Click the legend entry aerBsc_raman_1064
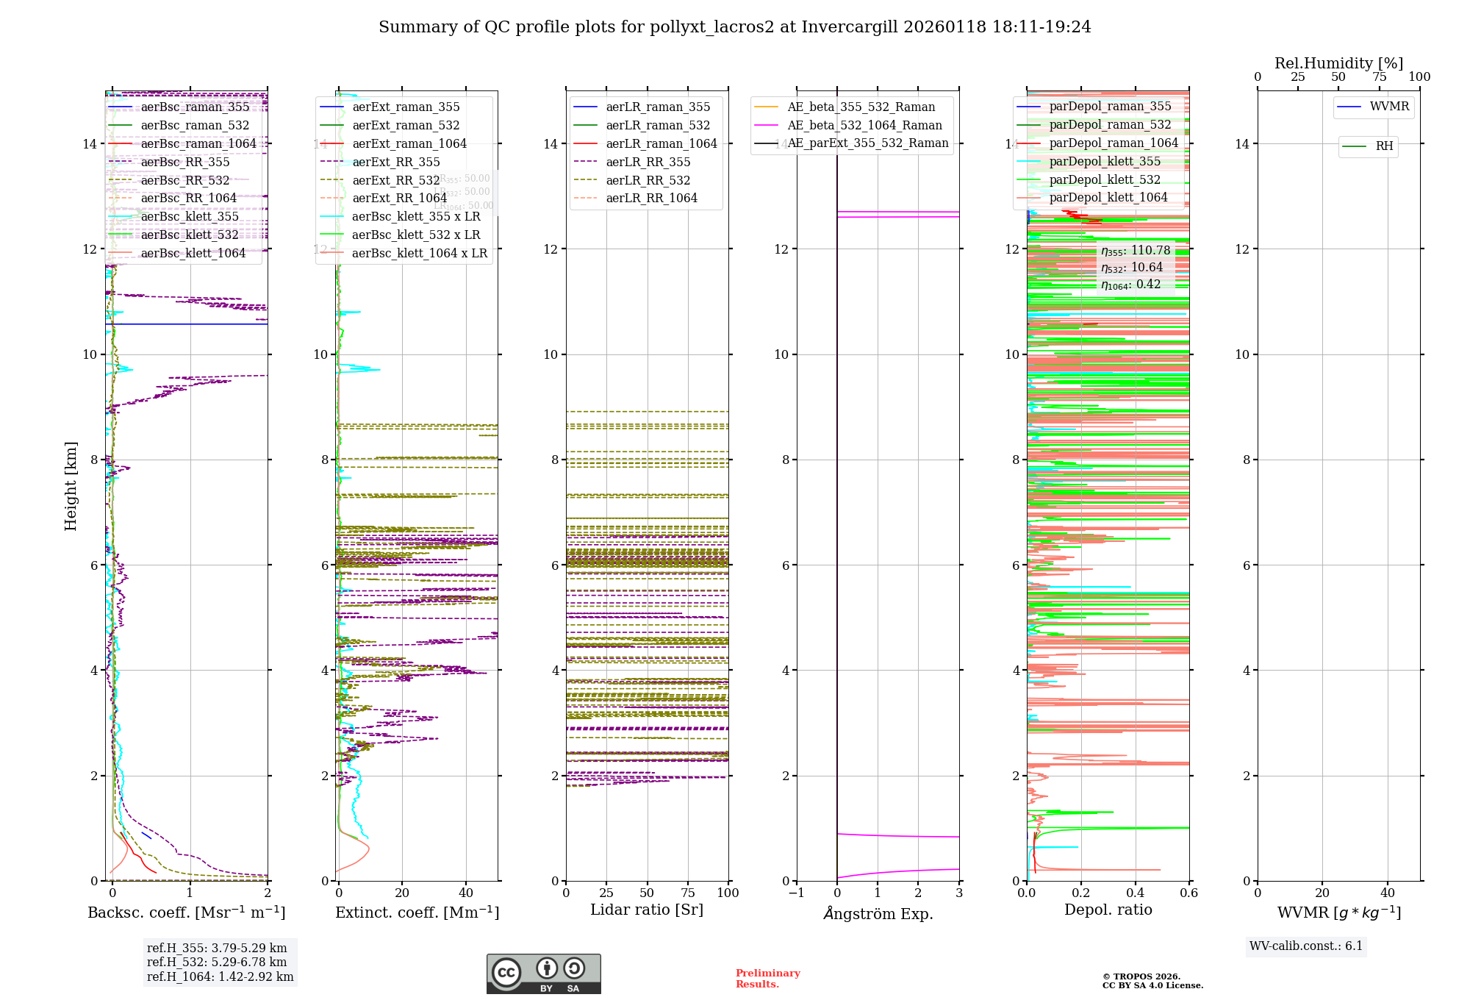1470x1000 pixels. click(x=198, y=143)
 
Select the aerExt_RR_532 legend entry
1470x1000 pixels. click(x=396, y=180)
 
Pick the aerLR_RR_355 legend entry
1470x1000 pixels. click(x=648, y=162)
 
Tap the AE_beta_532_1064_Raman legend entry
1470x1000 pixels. click(x=864, y=125)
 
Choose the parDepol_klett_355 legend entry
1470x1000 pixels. click(x=1105, y=161)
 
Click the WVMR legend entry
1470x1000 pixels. click(x=1389, y=107)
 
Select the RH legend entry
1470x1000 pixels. click(x=1384, y=146)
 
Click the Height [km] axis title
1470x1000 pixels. click(x=71, y=485)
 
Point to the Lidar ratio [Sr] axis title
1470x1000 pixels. click(x=647, y=910)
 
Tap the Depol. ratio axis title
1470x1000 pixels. click(x=1108, y=910)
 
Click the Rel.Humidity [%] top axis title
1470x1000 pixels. click(x=1338, y=63)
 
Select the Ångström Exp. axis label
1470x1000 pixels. click(x=878, y=913)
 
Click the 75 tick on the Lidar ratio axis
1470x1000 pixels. click(x=688, y=893)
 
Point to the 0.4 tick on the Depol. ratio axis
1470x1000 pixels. click(x=1136, y=893)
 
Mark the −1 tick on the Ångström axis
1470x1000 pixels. click(x=796, y=893)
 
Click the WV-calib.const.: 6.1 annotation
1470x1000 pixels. click(x=1306, y=946)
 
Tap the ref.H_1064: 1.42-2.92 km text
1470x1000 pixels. click(x=220, y=977)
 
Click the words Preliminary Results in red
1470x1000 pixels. click(x=767, y=979)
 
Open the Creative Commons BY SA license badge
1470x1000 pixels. click(x=543, y=974)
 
